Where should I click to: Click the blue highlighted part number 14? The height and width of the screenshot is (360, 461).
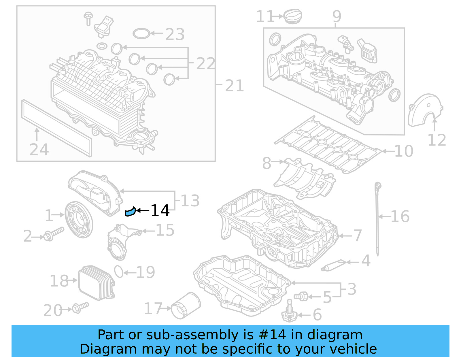pos(130,212)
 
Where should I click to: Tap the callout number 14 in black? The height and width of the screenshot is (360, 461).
pos(160,211)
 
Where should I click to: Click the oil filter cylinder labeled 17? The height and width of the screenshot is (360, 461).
pos(186,306)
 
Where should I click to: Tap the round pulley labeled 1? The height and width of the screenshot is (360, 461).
pos(78,220)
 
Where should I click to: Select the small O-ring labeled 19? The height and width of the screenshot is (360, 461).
pos(119,272)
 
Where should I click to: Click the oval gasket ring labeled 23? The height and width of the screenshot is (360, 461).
pos(141,33)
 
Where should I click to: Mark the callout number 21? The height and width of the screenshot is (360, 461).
pos(234,86)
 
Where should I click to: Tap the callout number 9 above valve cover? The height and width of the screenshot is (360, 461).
pos(337,16)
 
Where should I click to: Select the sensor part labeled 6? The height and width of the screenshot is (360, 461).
pos(289,314)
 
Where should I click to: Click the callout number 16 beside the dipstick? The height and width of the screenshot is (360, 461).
pos(400,216)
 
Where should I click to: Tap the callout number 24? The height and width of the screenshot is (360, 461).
pos(39,150)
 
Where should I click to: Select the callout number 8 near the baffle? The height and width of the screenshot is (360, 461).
pos(267,163)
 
